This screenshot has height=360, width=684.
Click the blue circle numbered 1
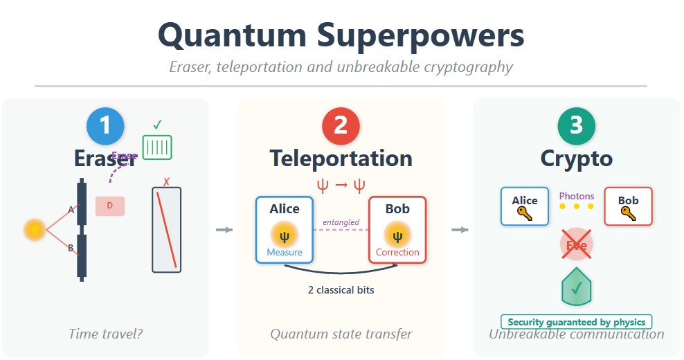click(105, 126)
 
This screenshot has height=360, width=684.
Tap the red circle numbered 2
click(341, 126)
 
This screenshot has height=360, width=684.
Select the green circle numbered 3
click(576, 126)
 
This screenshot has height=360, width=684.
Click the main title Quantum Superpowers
click(341, 36)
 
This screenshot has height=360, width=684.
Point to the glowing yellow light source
click(34, 229)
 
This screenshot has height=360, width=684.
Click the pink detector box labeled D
click(110, 206)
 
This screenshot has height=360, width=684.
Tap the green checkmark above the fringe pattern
click(157, 125)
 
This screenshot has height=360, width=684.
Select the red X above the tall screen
click(166, 182)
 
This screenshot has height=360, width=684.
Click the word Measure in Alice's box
click(285, 253)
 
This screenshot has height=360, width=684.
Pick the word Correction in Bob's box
click(397, 253)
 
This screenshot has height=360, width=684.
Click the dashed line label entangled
click(341, 222)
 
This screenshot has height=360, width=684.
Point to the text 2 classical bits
click(341, 290)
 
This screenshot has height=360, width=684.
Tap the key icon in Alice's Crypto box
click(525, 214)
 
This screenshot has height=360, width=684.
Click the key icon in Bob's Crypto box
click(628, 214)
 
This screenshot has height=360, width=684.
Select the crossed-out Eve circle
click(576, 245)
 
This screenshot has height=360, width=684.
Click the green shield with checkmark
click(576, 287)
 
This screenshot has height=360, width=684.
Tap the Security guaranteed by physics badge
click(576, 322)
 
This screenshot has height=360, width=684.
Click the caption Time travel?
click(105, 334)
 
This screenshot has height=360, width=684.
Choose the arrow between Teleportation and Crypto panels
click(459, 230)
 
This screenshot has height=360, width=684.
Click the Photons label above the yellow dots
click(576, 196)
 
